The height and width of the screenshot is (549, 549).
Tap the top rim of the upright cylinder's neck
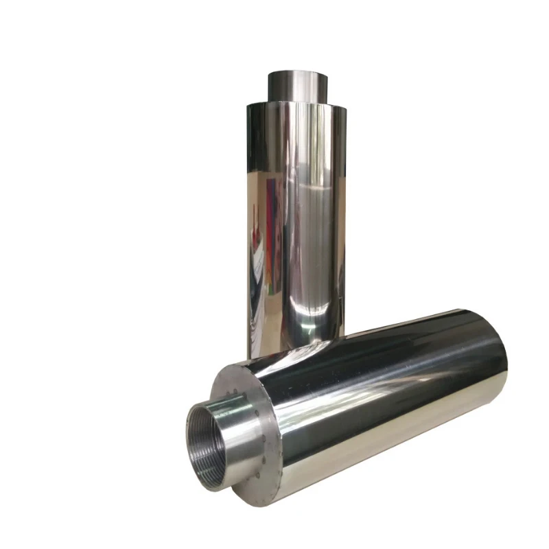[296, 73]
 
